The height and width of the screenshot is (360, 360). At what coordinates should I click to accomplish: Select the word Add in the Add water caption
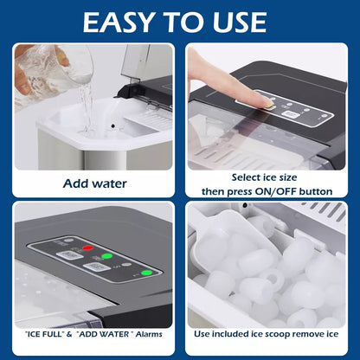tap(76, 183)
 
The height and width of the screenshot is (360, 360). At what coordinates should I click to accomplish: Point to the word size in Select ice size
tap(285, 177)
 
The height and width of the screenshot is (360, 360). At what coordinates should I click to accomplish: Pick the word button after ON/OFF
tap(316, 191)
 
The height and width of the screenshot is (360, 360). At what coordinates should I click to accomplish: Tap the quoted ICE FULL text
tap(44, 334)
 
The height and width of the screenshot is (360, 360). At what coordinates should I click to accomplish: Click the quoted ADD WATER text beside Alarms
tap(105, 334)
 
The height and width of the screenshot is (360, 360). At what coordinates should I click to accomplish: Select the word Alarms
tap(149, 334)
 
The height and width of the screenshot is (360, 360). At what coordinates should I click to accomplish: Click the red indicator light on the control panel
tap(88, 247)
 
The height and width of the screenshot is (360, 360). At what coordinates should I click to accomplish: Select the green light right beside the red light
tap(106, 256)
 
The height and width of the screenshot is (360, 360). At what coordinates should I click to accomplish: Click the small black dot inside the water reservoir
tap(112, 126)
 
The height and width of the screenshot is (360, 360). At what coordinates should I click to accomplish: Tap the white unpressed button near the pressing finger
tap(288, 113)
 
